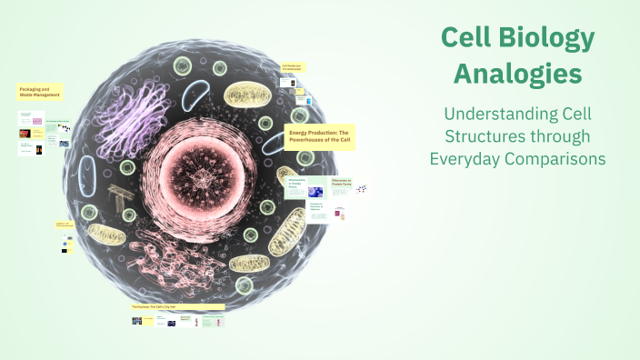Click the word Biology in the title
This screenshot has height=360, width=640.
coord(545,39)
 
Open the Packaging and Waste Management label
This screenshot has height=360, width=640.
coord(39,92)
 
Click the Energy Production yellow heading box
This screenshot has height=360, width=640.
coord(320,136)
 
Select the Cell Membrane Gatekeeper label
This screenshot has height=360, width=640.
coord(293,67)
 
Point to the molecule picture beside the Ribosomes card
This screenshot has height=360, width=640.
coord(362,188)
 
